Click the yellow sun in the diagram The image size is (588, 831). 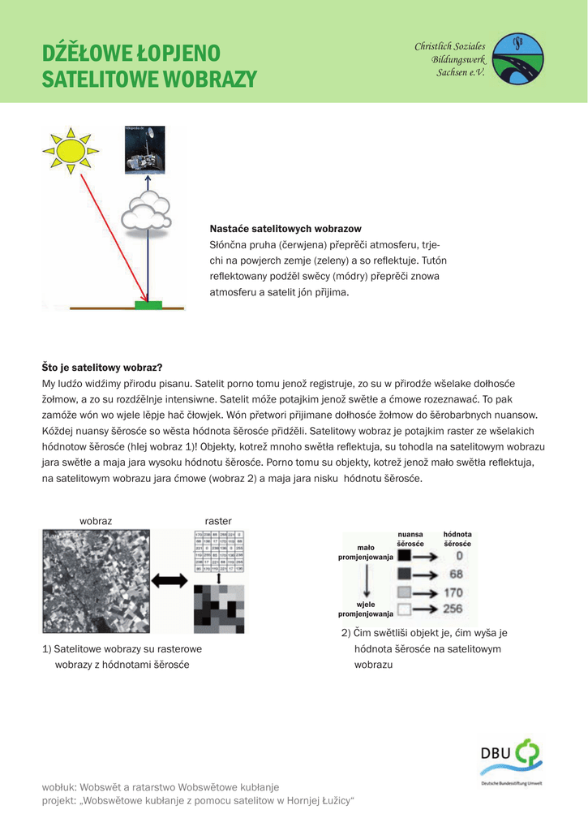point(70,150)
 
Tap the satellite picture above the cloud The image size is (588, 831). point(144,149)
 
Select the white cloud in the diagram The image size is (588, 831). point(144,213)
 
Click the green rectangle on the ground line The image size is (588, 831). point(148,305)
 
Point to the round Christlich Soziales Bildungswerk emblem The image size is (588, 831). point(519,58)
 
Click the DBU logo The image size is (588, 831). point(510,760)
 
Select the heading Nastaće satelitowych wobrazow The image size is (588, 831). point(285,229)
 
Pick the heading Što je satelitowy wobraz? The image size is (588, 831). point(102,368)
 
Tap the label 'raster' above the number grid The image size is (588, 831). point(218,520)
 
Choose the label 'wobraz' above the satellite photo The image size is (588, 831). point(96,520)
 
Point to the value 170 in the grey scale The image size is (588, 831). point(453,592)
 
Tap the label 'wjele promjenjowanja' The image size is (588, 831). point(365,609)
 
